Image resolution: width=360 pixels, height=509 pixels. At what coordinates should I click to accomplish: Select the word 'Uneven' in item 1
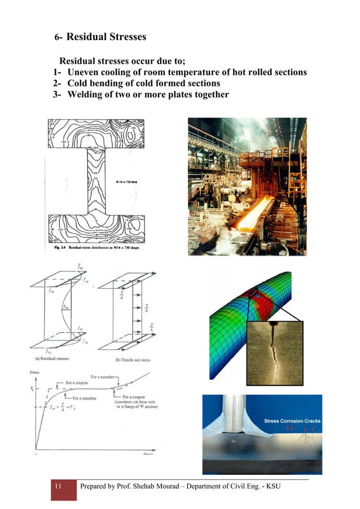pyautogui.click(x=86, y=72)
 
